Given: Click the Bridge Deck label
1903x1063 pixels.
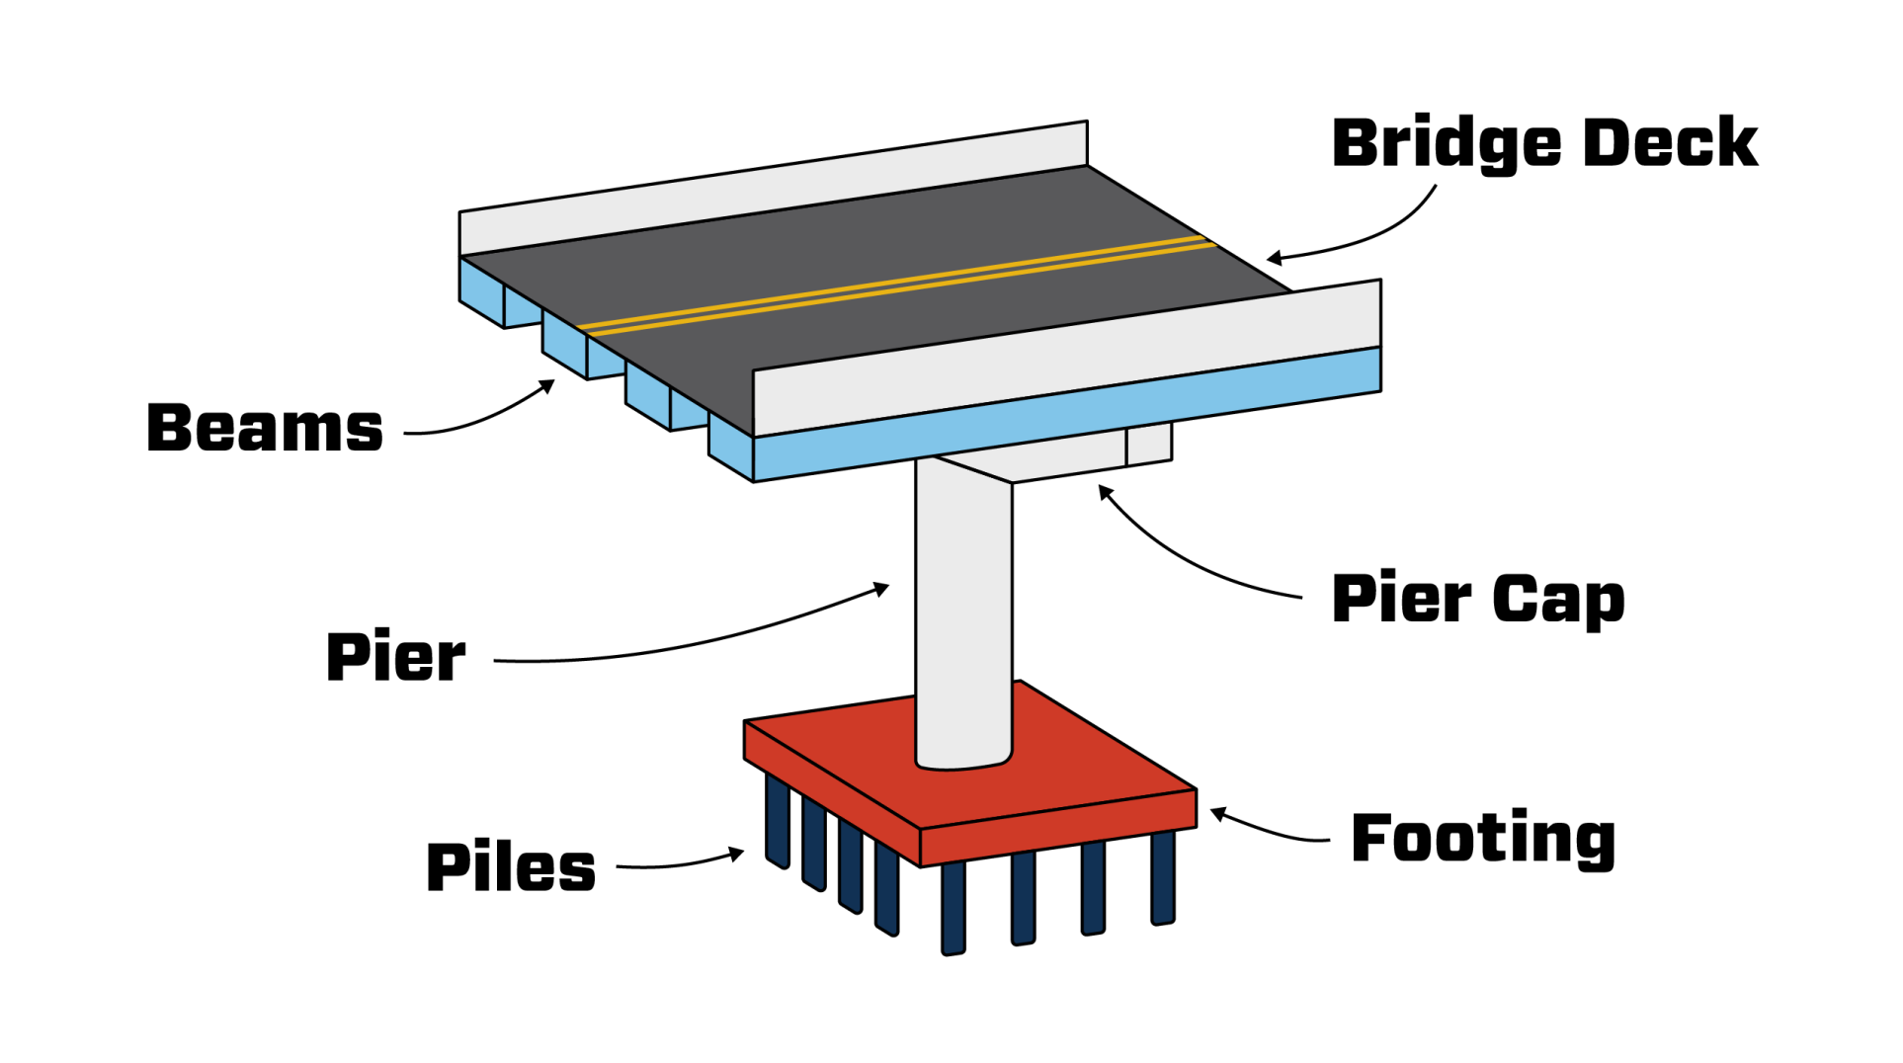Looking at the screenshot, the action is (x=1544, y=143).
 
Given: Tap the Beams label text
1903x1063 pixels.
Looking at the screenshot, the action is (x=265, y=429).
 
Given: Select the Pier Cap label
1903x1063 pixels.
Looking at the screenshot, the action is (x=1478, y=600).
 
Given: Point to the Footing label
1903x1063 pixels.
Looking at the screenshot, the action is (x=1483, y=840).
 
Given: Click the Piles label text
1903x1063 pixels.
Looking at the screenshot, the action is (x=511, y=867).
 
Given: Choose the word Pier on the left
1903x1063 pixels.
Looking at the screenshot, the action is (x=396, y=657).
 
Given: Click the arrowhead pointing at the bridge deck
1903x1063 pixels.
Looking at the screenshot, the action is (x=1275, y=259).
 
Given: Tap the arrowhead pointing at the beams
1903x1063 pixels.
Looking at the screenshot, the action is (x=546, y=386).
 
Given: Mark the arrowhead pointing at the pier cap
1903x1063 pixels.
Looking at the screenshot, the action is (x=1106, y=492).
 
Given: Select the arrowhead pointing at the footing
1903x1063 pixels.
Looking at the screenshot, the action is (x=1219, y=814).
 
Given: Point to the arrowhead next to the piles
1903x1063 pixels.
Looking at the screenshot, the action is (x=736, y=854).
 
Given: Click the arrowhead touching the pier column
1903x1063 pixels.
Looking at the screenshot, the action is (x=880, y=590).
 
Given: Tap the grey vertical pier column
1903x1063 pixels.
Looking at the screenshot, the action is (x=963, y=613).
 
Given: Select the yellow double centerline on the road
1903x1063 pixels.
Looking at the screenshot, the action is (x=897, y=285).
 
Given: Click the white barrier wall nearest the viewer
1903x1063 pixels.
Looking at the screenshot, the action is (x=1067, y=358).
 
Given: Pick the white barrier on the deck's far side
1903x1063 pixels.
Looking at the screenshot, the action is (x=774, y=188).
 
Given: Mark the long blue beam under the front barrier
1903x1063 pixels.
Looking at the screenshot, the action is (x=1067, y=414).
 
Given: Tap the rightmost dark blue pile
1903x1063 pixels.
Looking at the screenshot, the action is (x=1163, y=877).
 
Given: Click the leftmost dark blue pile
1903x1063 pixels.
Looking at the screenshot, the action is (x=778, y=822).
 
